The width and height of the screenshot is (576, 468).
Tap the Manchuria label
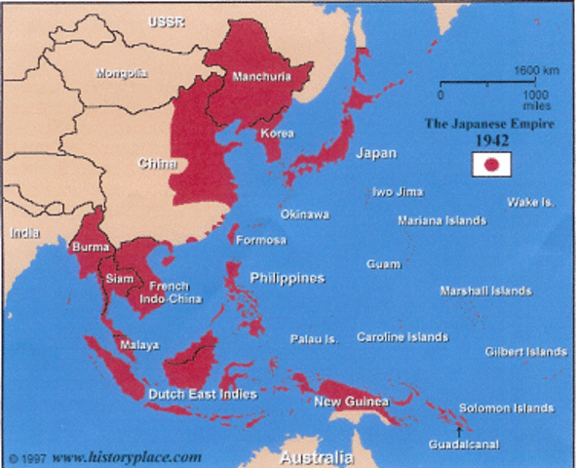pos(263,76)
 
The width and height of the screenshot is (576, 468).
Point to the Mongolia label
pos(122,72)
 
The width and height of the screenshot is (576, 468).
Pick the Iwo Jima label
pos(397,192)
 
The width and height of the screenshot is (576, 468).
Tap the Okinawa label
pos(304,214)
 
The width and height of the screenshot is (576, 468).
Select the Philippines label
pos(287,278)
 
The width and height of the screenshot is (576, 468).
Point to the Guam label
pos(383,264)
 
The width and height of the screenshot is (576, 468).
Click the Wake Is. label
pos(531,202)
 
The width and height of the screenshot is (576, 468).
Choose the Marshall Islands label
pos(485,291)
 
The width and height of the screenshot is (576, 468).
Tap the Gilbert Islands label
pos(526,351)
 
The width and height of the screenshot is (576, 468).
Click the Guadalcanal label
pos(463,445)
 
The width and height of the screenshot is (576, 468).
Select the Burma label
pos(90,248)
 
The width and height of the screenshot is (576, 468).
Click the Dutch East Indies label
pos(202,394)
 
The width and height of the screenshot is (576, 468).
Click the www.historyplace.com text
pos(127,455)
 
